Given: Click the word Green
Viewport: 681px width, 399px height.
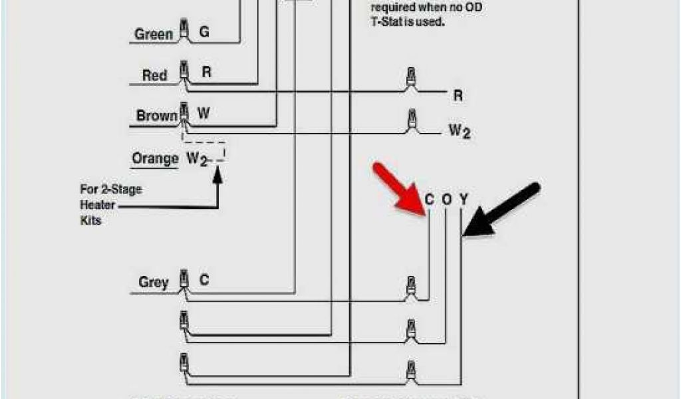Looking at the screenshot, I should [154, 35].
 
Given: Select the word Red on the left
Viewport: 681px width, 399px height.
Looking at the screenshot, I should [154, 75].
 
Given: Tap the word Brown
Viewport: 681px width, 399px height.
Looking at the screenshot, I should [157, 116].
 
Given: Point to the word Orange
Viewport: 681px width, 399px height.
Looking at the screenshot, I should [155, 159].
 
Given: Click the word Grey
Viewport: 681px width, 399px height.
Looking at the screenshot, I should [153, 282].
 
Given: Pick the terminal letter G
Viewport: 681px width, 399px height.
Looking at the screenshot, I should [204, 31].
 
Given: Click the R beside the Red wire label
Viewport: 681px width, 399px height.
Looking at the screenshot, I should [206, 72].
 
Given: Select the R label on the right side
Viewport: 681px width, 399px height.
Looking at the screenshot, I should [458, 96].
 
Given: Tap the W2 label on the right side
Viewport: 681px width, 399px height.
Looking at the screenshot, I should [459, 131].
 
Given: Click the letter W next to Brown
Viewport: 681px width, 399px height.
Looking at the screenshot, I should [204, 114].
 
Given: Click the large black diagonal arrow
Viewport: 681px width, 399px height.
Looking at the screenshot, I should [502, 210].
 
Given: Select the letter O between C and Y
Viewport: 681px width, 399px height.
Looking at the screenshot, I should [446, 199].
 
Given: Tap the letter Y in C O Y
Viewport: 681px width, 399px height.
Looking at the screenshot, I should [464, 199].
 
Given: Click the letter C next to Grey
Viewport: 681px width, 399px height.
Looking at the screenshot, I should [204, 280].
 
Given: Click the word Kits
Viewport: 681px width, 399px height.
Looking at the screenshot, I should [90, 220].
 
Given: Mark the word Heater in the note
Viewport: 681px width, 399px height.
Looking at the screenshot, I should [98, 205].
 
